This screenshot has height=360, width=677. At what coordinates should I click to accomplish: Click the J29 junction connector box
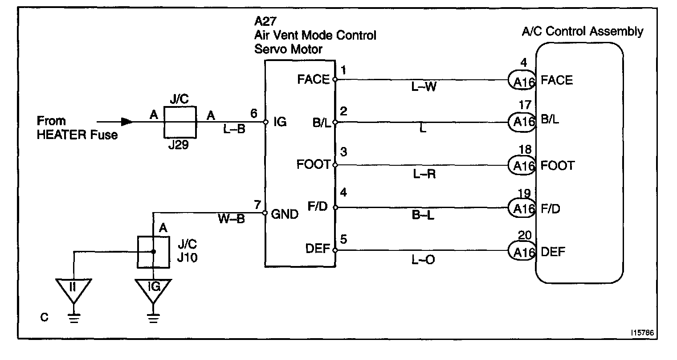180,122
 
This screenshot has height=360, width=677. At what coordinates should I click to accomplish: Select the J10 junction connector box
153,252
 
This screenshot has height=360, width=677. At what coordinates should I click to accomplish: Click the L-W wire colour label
423,88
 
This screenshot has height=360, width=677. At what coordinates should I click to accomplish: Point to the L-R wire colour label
423,174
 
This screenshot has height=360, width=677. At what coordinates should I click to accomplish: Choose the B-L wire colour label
423,216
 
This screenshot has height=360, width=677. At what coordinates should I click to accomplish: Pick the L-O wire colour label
423,259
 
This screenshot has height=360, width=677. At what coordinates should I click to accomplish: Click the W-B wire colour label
231,220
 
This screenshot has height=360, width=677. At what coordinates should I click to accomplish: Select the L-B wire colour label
234,130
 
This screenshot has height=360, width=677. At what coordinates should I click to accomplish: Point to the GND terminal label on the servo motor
285,214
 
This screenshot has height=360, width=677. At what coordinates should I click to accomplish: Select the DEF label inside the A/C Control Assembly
553,252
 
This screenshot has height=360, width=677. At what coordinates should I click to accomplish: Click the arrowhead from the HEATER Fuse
127,121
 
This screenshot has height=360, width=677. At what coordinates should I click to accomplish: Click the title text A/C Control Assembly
582,32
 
